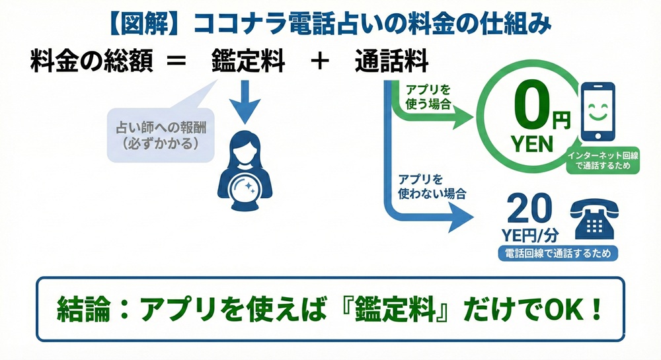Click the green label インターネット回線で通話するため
pyautogui.click(x=603, y=161)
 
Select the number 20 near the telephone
pyautogui.click(x=528, y=211)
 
